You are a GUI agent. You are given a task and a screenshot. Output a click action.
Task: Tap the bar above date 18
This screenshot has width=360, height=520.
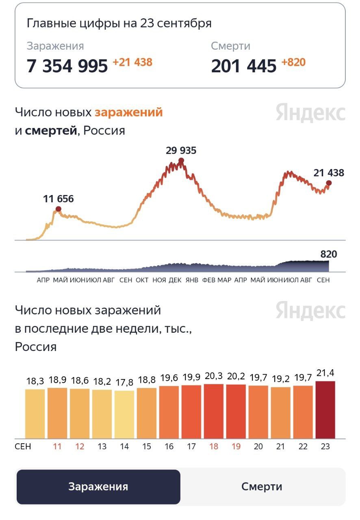(x=214, y=411)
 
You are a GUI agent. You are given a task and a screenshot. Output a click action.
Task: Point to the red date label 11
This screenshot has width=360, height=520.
(x=57, y=446)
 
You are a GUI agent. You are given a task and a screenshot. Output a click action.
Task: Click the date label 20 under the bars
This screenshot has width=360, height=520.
(x=258, y=446)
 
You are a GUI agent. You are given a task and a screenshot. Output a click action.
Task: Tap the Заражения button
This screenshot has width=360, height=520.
(x=98, y=487)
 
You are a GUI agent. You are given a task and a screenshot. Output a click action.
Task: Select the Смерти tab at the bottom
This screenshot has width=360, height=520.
(x=262, y=487)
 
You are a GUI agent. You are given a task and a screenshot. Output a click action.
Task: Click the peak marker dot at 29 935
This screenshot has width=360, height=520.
(x=181, y=161)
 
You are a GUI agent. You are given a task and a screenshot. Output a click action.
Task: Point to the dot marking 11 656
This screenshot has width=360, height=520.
(x=59, y=209)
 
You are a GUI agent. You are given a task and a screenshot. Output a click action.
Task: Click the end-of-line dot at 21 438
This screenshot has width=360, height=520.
(x=329, y=183)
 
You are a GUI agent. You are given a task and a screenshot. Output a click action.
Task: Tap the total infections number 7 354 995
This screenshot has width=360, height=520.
(x=67, y=66)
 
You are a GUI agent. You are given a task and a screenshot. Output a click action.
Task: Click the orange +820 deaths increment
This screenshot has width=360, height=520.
(x=293, y=63)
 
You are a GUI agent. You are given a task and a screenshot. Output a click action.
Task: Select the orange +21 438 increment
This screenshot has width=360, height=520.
(x=132, y=63)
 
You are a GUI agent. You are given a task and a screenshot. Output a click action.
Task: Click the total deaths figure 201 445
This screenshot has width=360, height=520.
(x=244, y=66)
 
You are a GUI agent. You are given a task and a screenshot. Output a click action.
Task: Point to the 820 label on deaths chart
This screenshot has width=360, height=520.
(x=329, y=255)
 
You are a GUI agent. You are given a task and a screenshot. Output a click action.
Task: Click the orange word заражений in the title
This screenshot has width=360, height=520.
(x=128, y=112)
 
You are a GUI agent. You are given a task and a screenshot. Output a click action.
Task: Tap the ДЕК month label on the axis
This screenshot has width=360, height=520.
(x=175, y=280)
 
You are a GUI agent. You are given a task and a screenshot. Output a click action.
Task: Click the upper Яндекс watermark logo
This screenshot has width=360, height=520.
(x=310, y=113)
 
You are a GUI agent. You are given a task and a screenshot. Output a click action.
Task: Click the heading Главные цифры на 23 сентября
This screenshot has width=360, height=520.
(x=119, y=23)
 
